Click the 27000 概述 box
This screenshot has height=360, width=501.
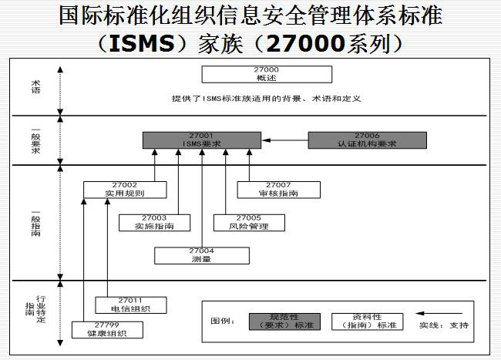(267, 74)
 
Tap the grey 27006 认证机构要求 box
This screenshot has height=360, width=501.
(367, 140)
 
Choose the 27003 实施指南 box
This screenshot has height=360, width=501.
(153, 222)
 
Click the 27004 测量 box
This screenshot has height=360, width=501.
(201, 255)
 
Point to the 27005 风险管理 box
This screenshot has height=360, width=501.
(248, 222)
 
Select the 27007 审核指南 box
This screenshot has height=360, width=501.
(277, 189)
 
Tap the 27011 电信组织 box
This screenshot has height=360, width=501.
(129, 304)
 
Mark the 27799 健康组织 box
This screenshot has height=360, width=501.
(107, 329)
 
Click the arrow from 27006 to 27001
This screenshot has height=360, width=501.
(285, 140)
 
